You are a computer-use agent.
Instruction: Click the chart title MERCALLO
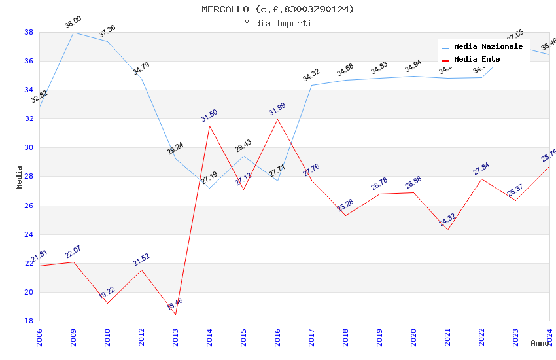point(277,9)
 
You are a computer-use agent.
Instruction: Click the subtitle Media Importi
point(277,23)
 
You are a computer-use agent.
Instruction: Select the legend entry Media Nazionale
point(488,47)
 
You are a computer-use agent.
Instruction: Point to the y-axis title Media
point(20,176)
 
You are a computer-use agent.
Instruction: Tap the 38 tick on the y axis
point(29,32)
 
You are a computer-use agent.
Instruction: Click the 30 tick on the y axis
point(29,148)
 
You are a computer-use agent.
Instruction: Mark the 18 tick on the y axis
point(29,321)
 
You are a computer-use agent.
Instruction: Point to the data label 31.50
point(209,116)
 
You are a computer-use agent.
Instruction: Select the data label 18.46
point(175,304)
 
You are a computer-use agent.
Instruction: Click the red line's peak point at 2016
point(277,119)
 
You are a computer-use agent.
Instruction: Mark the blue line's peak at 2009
point(73,32)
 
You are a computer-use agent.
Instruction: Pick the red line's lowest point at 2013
point(175,314)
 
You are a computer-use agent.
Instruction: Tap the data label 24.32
point(447,220)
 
